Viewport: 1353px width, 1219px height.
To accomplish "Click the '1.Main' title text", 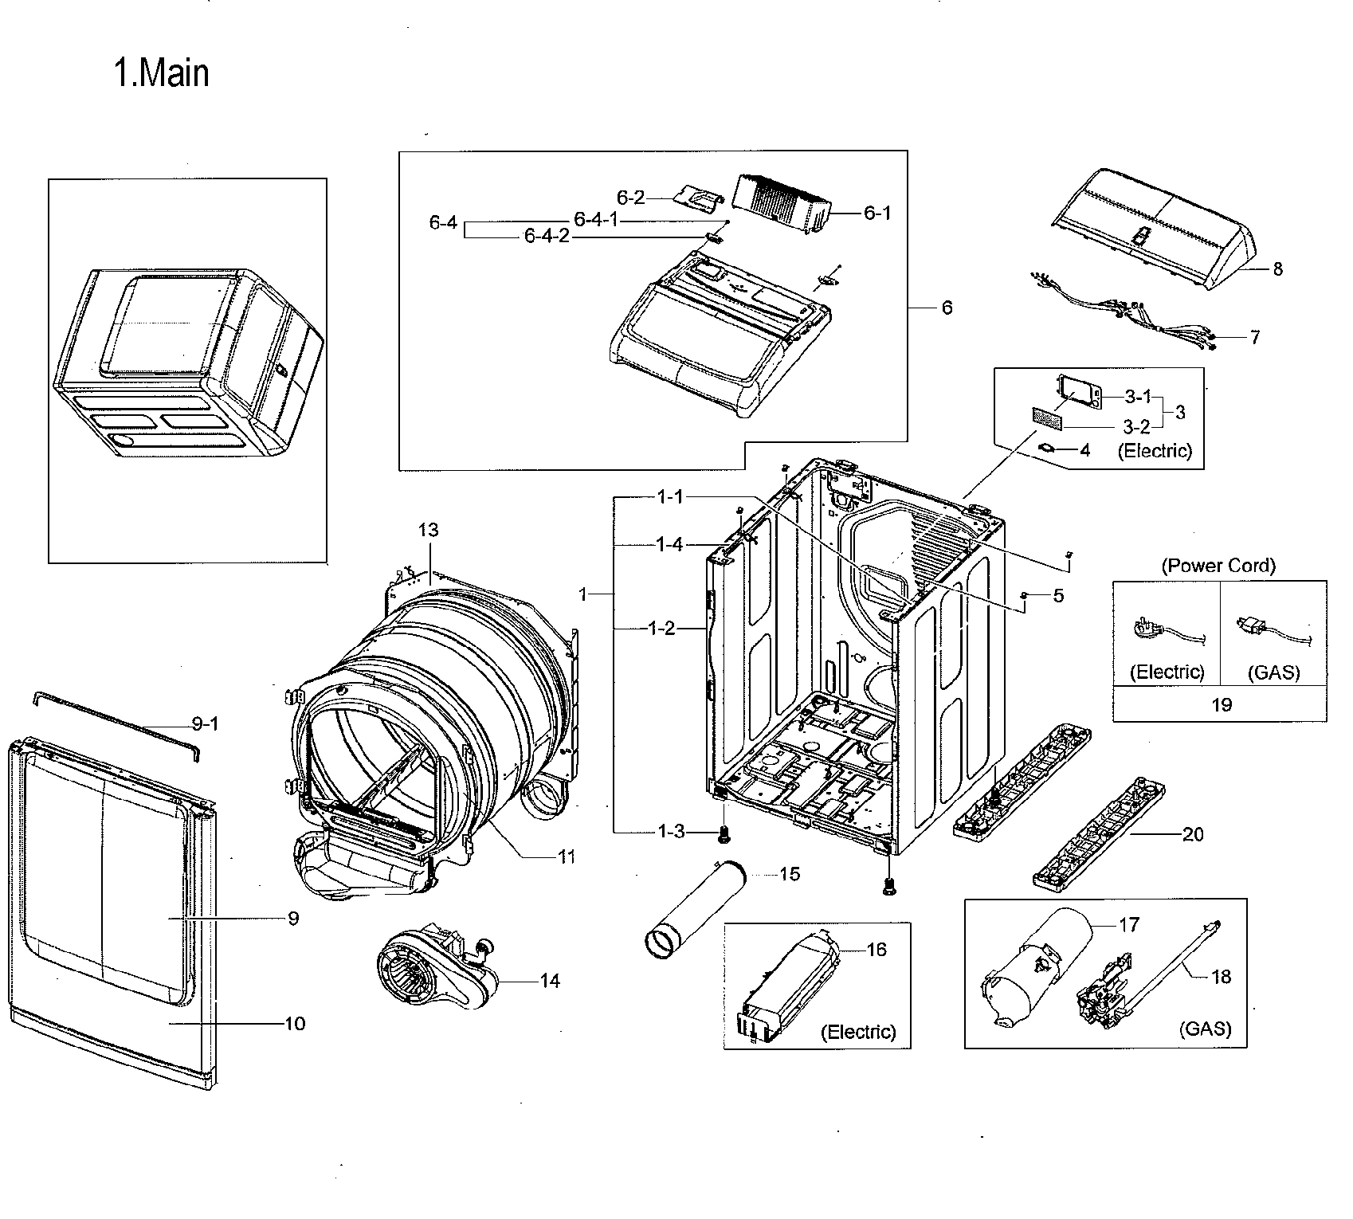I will [163, 74].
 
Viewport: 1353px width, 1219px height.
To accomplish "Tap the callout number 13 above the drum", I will [428, 531].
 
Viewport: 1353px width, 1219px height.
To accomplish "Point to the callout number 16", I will [876, 950].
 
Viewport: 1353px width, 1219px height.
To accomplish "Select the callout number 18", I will [1221, 977].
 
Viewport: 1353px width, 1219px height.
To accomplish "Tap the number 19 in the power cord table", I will [1221, 704].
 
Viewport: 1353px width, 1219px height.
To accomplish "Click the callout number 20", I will [1193, 834].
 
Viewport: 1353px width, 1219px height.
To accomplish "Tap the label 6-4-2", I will [547, 237].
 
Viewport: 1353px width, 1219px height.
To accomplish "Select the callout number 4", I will [1084, 450].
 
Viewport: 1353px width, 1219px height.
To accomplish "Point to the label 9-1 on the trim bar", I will [205, 723].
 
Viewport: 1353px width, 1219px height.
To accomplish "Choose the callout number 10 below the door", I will [295, 1023].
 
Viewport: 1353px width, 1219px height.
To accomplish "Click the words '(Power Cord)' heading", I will [1218, 566].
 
